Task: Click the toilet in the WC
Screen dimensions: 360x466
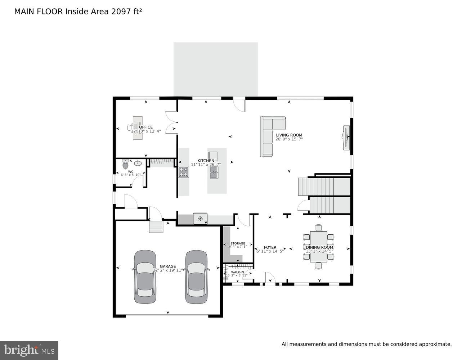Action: click(125, 165)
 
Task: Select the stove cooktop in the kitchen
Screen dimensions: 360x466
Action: click(183, 172)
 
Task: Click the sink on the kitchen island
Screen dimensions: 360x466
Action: click(214, 172)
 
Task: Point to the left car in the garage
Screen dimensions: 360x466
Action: click(145, 276)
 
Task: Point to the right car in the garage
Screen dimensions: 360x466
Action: click(196, 276)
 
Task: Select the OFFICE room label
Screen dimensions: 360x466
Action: click(145, 127)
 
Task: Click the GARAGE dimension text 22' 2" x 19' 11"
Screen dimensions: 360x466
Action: click(168, 270)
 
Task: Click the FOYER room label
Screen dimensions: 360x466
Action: click(270, 247)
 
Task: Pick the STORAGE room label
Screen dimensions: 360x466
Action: click(238, 243)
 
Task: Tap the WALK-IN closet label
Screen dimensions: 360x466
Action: click(237, 272)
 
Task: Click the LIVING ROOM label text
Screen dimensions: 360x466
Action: click(289, 135)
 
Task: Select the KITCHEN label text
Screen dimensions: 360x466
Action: click(206, 161)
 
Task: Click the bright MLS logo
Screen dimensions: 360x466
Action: click(29, 350)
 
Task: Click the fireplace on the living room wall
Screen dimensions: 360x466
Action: click(346, 137)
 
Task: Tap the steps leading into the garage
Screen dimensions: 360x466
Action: click(156, 227)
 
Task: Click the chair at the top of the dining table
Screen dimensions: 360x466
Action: click(318, 228)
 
